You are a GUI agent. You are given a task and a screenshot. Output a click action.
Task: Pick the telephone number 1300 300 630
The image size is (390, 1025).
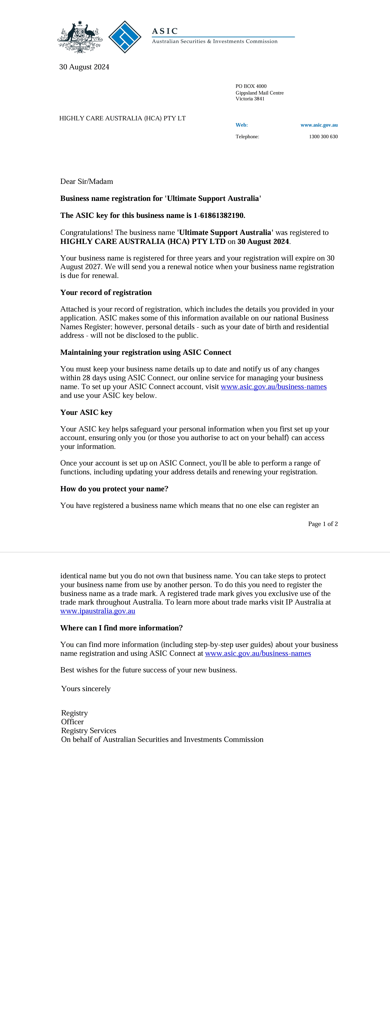(323, 136)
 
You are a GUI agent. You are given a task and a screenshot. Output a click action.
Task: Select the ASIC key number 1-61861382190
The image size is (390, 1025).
(219, 215)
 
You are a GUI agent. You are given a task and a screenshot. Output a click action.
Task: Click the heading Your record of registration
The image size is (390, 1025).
(106, 292)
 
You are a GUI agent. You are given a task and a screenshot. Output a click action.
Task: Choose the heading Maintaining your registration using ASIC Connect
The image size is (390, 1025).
(146, 352)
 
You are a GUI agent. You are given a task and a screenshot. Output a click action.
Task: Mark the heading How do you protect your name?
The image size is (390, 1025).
(114, 489)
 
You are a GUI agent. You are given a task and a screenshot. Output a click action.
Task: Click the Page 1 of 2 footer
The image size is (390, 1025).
(323, 524)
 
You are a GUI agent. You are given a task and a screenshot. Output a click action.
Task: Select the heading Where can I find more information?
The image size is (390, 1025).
(121, 628)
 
